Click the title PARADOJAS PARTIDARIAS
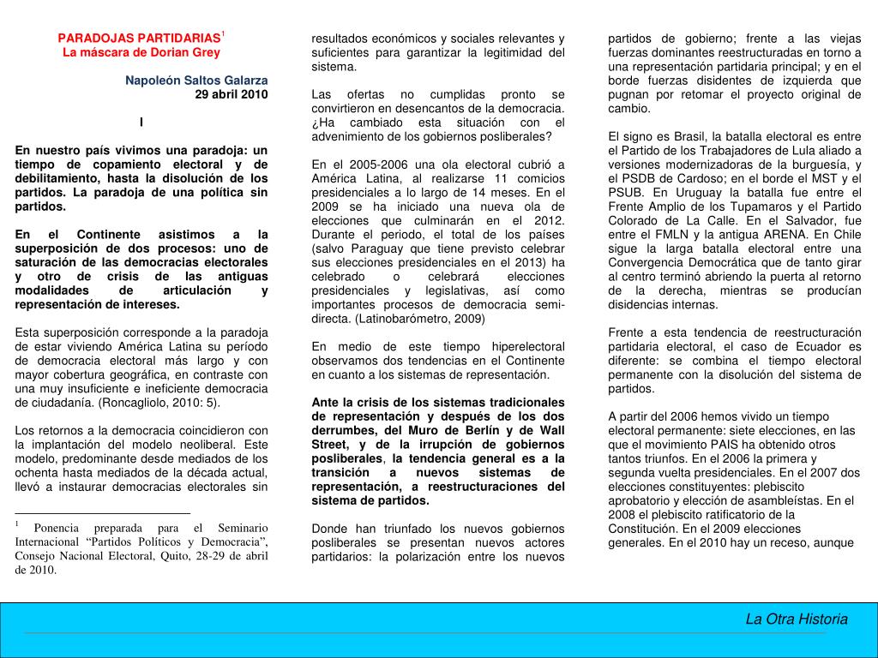tap(139, 39)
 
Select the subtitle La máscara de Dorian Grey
tap(141, 52)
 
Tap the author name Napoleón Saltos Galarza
tap(196, 81)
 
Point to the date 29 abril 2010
tap(231, 94)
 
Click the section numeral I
tap(141, 122)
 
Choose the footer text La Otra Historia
tap(796, 619)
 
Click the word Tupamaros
tap(751, 206)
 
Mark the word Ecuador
tap(804, 346)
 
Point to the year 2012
tap(549, 220)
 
